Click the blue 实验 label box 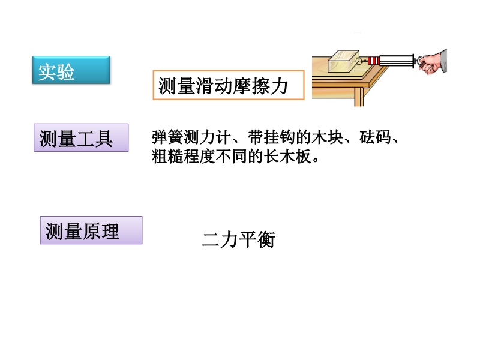tap(71, 70)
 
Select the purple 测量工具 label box tap(81, 137)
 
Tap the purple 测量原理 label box tap(91, 230)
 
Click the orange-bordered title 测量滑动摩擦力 tap(229, 85)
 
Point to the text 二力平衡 tap(238, 239)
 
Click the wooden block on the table tap(343, 61)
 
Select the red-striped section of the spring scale tap(373, 61)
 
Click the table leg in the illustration tap(358, 97)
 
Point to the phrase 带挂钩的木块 tap(296, 137)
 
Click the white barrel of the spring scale tap(397, 61)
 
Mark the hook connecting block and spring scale tap(361, 61)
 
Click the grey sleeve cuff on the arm tap(444, 61)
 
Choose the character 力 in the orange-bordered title tap(279, 86)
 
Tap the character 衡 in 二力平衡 tap(266, 239)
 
